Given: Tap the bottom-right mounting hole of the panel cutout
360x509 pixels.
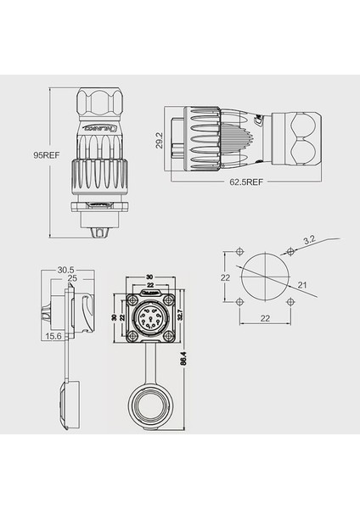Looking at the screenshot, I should (290, 301).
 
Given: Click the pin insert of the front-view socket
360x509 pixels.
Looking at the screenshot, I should (151, 321).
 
